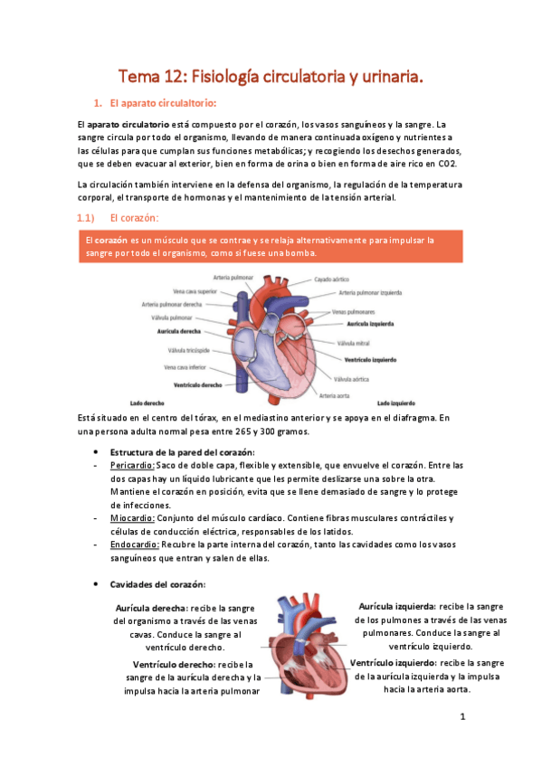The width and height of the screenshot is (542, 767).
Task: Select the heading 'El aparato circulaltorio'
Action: [x=158, y=101]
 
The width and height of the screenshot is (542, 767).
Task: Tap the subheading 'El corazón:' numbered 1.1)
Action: [x=133, y=218]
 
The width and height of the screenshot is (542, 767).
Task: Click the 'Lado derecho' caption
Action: [x=147, y=401]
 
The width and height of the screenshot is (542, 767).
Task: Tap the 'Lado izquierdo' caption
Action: [x=395, y=401]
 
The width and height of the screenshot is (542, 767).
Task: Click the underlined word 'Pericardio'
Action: [x=135, y=465]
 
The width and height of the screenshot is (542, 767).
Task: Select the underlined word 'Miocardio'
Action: [x=133, y=518]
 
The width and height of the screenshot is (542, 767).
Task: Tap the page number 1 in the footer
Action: [x=461, y=718]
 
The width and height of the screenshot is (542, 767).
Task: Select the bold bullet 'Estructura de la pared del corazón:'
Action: [x=182, y=451]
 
